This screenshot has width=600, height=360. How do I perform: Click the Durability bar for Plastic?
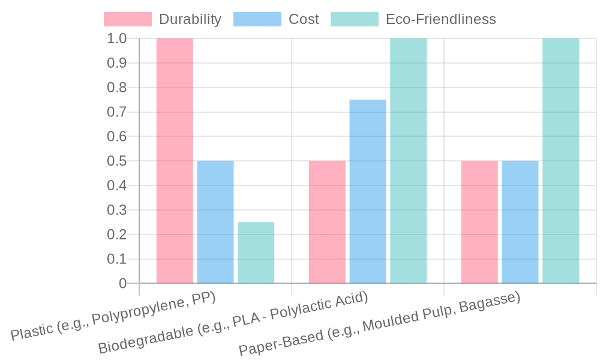[175, 161]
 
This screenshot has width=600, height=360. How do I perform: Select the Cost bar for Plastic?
[215, 222]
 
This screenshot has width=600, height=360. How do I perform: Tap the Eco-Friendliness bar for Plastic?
[256, 253]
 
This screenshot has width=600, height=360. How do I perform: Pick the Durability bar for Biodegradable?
[327, 222]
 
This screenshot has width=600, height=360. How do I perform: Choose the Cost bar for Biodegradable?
[368, 191]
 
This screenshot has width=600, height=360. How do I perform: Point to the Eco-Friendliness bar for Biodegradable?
[409, 161]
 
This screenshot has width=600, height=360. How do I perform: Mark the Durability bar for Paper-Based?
[479, 222]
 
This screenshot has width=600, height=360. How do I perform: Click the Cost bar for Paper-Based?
[520, 222]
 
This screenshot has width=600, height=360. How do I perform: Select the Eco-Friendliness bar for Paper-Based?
[561, 161]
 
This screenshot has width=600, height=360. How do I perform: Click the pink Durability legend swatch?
[128, 19]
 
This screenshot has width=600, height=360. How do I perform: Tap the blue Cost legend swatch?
[257, 19]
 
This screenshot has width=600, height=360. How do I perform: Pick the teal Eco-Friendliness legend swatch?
[355, 19]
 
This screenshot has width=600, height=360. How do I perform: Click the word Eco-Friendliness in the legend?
[441, 19]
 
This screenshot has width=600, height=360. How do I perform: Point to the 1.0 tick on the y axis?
[116, 38]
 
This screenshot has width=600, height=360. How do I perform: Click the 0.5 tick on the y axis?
[116, 161]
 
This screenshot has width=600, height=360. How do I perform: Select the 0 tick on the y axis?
[122, 283]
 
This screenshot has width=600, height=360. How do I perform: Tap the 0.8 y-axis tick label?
[116, 88]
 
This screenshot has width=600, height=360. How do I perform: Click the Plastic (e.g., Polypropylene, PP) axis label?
[114, 316]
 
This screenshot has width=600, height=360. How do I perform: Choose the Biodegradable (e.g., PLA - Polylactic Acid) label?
[233, 323]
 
